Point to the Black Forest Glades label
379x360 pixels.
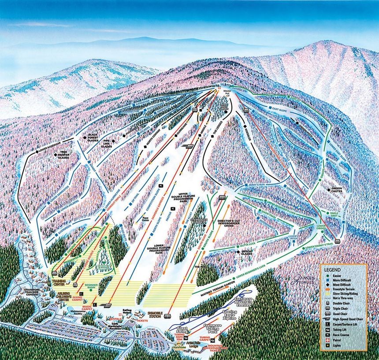[x=93, y=137]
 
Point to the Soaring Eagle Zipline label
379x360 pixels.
[x=231, y=315]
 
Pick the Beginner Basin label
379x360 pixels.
[x=91, y=286]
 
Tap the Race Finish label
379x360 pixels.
[x=145, y=219]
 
